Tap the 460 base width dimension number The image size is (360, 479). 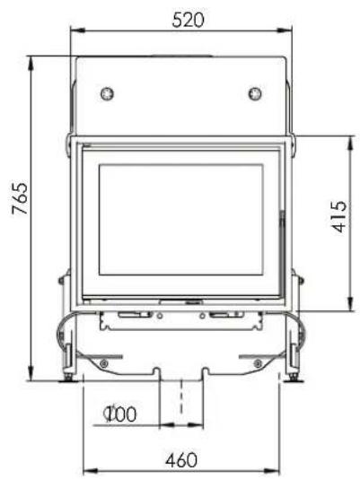pyautogui.click(x=181, y=459)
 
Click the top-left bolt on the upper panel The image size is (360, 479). pyautogui.click(x=108, y=92)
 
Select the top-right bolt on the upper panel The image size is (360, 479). pyautogui.click(x=254, y=92)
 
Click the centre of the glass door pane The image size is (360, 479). pyautogui.click(x=180, y=219)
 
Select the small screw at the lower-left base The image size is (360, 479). pyautogui.click(x=105, y=362)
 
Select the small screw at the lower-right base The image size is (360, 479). pyautogui.click(x=258, y=362)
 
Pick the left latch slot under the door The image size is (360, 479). pyautogui.click(x=129, y=316)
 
